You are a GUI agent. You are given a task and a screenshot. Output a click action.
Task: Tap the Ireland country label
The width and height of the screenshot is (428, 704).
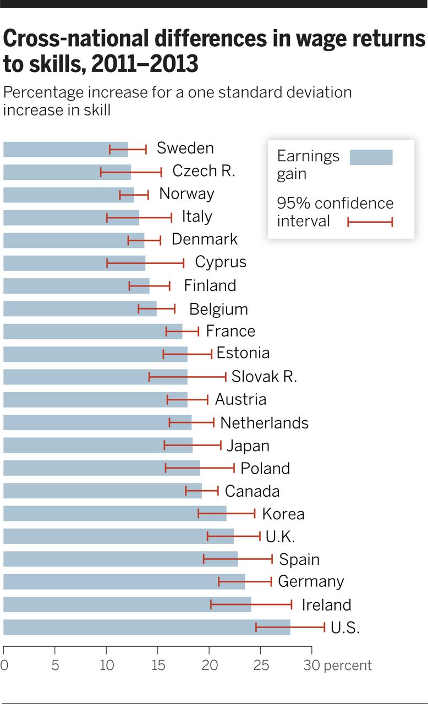[326, 605]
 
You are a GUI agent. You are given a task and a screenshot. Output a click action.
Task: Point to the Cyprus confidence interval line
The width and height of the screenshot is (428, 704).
[145, 263]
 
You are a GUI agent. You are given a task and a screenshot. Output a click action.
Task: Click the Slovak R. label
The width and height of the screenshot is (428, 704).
[264, 377]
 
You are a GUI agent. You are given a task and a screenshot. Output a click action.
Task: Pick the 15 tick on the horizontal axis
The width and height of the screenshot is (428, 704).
[158, 665]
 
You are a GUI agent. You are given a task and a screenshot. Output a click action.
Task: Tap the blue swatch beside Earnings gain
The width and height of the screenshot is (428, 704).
[371, 157]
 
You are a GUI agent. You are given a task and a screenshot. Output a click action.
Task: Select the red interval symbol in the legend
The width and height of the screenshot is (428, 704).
[370, 222]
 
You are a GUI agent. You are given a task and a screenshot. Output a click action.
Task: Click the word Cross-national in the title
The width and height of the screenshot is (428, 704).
[74, 40]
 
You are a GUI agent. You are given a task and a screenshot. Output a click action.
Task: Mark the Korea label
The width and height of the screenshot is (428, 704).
[283, 514]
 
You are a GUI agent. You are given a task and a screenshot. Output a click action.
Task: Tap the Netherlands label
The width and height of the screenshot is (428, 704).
[264, 423]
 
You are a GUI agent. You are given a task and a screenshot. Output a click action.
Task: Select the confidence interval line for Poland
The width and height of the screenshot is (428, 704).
[200, 468]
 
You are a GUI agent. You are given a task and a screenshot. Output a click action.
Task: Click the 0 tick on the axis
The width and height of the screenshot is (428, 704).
[4, 665]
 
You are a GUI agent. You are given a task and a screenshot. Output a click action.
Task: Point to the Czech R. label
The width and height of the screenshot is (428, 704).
[204, 171]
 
